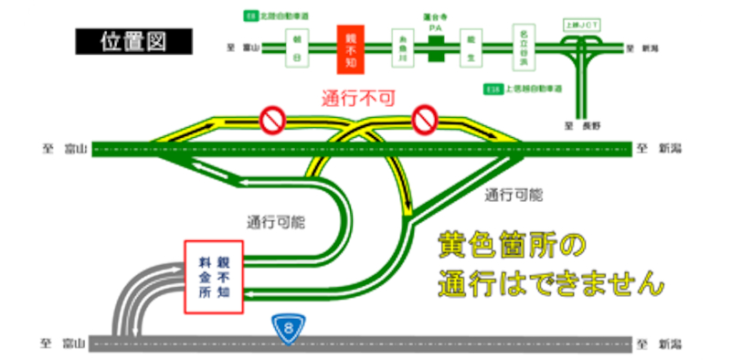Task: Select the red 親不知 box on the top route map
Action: coord(349,48)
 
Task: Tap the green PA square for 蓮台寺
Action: coord(436,48)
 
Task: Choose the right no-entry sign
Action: coord(425,118)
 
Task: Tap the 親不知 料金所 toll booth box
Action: coord(215,277)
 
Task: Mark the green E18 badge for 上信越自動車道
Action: coord(493,90)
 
